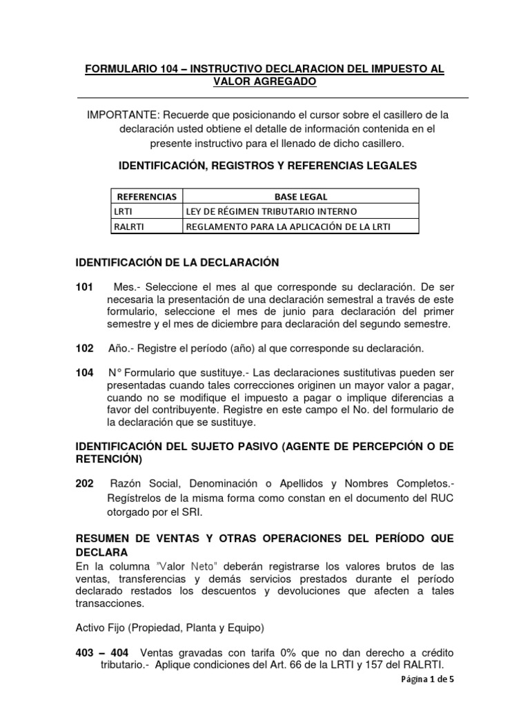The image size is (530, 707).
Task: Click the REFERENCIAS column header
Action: pyautogui.click(x=146, y=196)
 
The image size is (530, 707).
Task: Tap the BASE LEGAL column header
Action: pyautogui.click(x=300, y=196)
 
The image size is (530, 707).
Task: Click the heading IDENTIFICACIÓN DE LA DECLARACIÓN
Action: pyautogui.click(x=176, y=262)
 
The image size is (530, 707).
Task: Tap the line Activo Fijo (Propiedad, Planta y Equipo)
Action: pyautogui.click(x=170, y=628)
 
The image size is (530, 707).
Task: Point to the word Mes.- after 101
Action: pyautogui.click(x=126, y=287)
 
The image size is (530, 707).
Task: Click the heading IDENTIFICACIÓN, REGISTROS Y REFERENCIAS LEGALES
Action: pyautogui.click(x=268, y=166)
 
